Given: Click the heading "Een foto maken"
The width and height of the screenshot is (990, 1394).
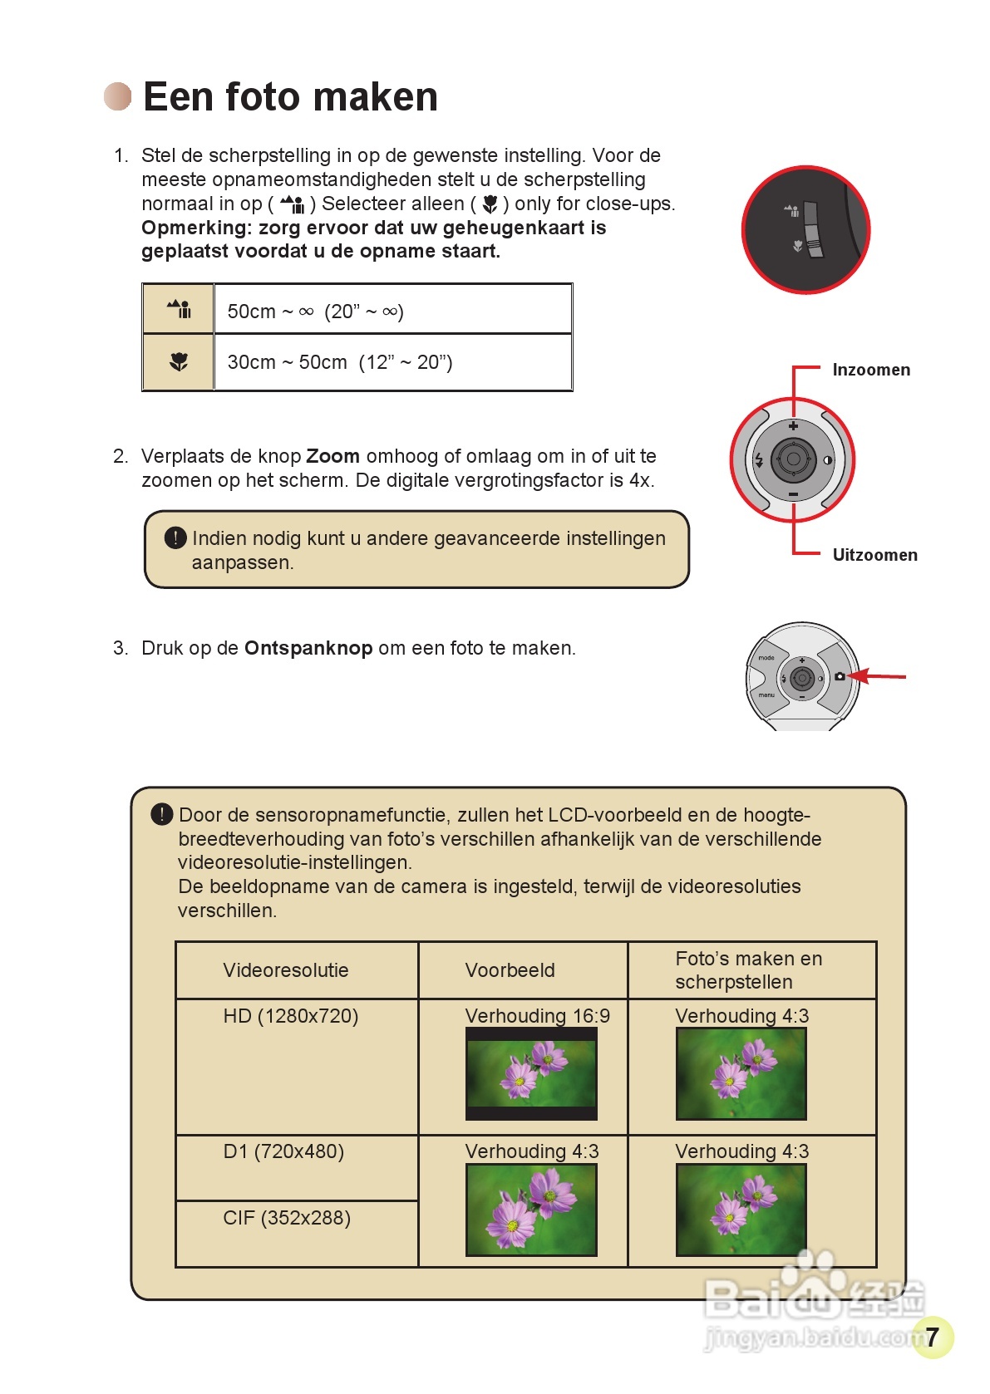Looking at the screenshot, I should click(290, 97).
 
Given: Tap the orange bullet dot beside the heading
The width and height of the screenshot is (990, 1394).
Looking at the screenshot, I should click(118, 96).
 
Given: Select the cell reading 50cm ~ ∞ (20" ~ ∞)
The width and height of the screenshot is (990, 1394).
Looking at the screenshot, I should click(392, 311).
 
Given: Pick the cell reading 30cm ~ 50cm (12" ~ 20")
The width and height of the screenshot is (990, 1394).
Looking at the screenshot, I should click(392, 362).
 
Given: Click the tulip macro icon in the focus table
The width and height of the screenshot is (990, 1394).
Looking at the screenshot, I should click(179, 362).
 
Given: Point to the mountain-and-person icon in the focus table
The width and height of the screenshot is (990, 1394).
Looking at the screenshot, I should click(179, 310).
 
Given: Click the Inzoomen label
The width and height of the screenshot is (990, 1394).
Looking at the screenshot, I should click(870, 370).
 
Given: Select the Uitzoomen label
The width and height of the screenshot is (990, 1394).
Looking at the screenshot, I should click(874, 555).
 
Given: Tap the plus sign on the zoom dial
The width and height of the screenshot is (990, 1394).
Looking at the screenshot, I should click(793, 426).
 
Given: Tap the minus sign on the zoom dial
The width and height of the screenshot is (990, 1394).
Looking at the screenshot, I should click(793, 494).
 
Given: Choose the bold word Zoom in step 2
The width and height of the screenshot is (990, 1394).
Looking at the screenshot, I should click(332, 456).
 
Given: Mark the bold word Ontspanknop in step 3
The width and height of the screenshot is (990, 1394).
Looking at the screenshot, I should click(308, 648).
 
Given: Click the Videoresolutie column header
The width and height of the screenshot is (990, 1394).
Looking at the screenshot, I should click(286, 970).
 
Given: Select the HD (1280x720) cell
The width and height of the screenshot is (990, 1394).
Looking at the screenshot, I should click(291, 1016).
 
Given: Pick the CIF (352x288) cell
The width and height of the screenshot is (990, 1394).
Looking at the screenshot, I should click(287, 1218).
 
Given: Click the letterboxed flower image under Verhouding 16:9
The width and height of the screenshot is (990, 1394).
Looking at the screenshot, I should click(531, 1073).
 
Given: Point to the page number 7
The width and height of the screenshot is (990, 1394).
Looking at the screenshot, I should click(933, 1337).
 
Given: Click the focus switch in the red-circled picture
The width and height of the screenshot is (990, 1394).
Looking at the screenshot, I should click(813, 229).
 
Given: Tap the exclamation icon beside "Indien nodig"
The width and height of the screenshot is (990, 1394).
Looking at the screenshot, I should click(175, 538).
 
